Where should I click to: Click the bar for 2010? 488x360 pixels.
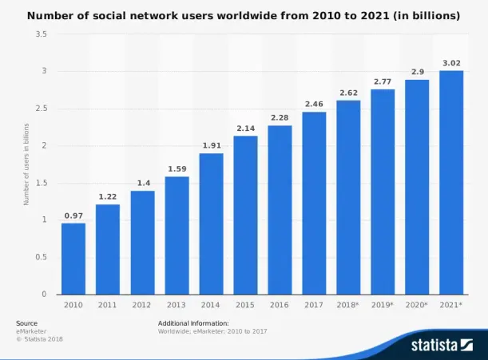(x=73, y=258)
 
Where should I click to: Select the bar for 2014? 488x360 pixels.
(x=211, y=224)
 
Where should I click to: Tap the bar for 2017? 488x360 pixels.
(x=314, y=203)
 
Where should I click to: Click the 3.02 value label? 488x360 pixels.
(x=450, y=62)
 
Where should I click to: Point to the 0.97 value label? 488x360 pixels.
(x=73, y=216)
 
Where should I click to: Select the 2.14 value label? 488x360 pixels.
(x=245, y=128)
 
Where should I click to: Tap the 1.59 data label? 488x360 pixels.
(x=177, y=168)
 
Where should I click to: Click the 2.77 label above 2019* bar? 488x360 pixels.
(x=382, y=81)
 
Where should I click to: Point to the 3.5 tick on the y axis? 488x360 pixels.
(x=41, y=34)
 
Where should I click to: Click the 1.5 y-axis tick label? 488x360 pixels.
(x=41, y=183)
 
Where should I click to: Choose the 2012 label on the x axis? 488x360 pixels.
(x=142, y=304)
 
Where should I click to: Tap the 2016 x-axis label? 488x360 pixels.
(x=280, y=304)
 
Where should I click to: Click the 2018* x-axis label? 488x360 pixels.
(x=348, y=304)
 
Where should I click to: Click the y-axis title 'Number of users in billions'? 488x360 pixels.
(x=26, y=164)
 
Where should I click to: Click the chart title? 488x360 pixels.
(x=244, y=15)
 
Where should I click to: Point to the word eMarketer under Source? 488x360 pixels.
(x=30, y=330)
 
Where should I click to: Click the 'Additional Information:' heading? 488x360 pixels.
(x=193, y=322)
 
